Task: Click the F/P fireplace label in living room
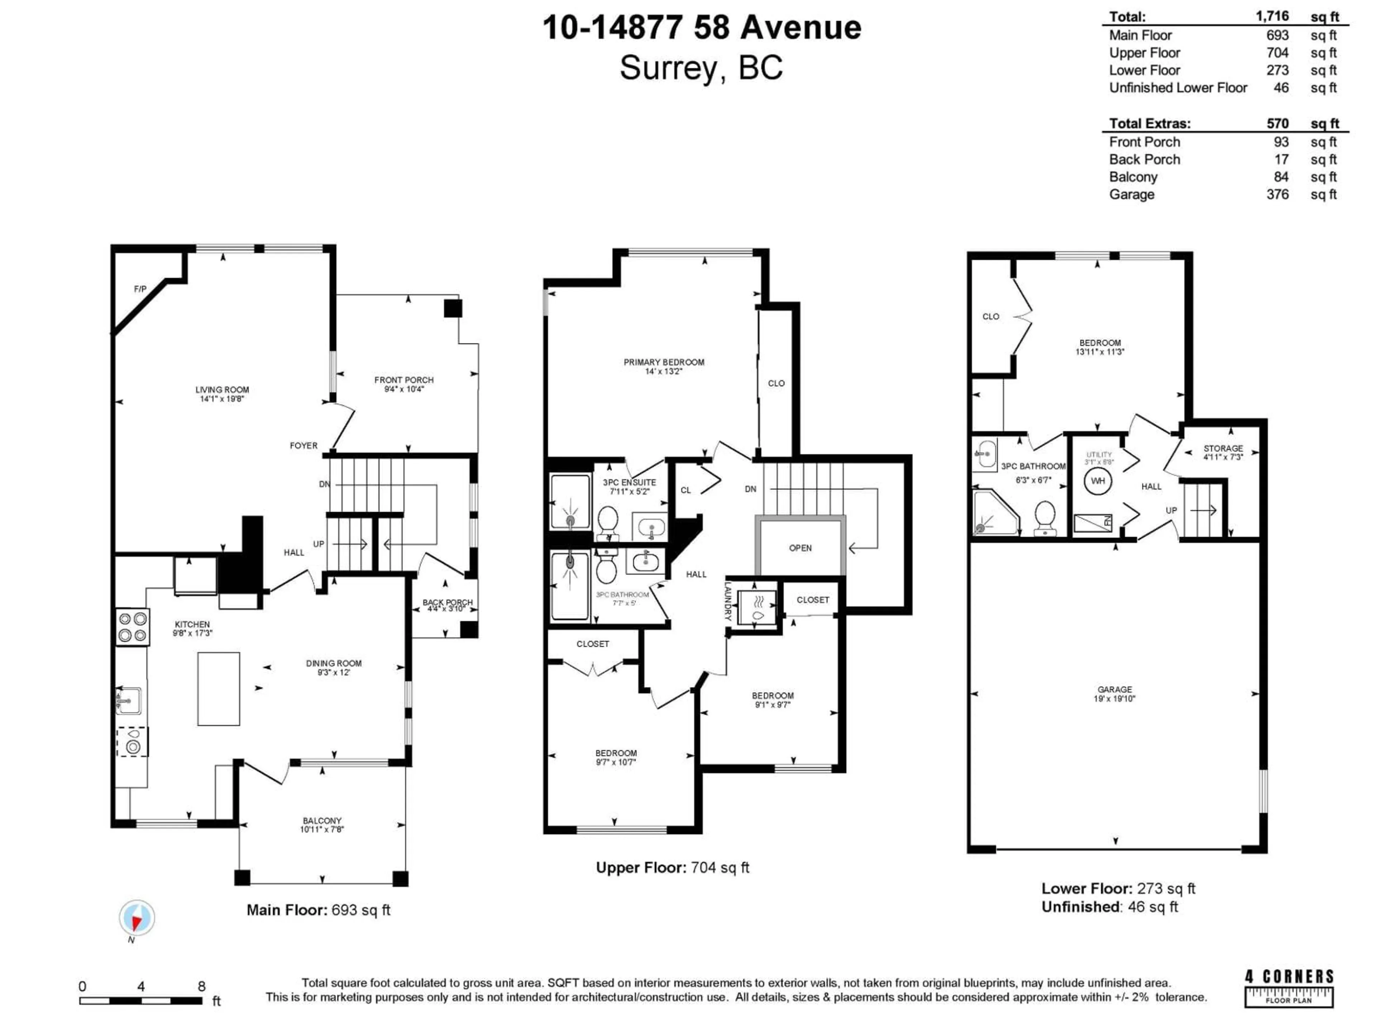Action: click(x=140, y=289)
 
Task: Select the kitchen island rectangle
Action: click(x=218, y=689)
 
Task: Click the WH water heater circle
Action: click(x=1098, y=481)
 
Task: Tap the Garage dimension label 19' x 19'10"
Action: click(x=1115, y=699)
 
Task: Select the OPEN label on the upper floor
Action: click(x=800, y=548)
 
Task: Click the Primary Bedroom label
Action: click(x=664, y=362)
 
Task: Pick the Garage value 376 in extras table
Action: click(x=1277, y=195)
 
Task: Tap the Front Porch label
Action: click(x=404, y=380)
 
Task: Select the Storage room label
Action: click(x=1223, y=449)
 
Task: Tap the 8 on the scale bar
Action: click(x=201, y=986)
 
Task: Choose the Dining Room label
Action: click(x=333, y=663)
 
